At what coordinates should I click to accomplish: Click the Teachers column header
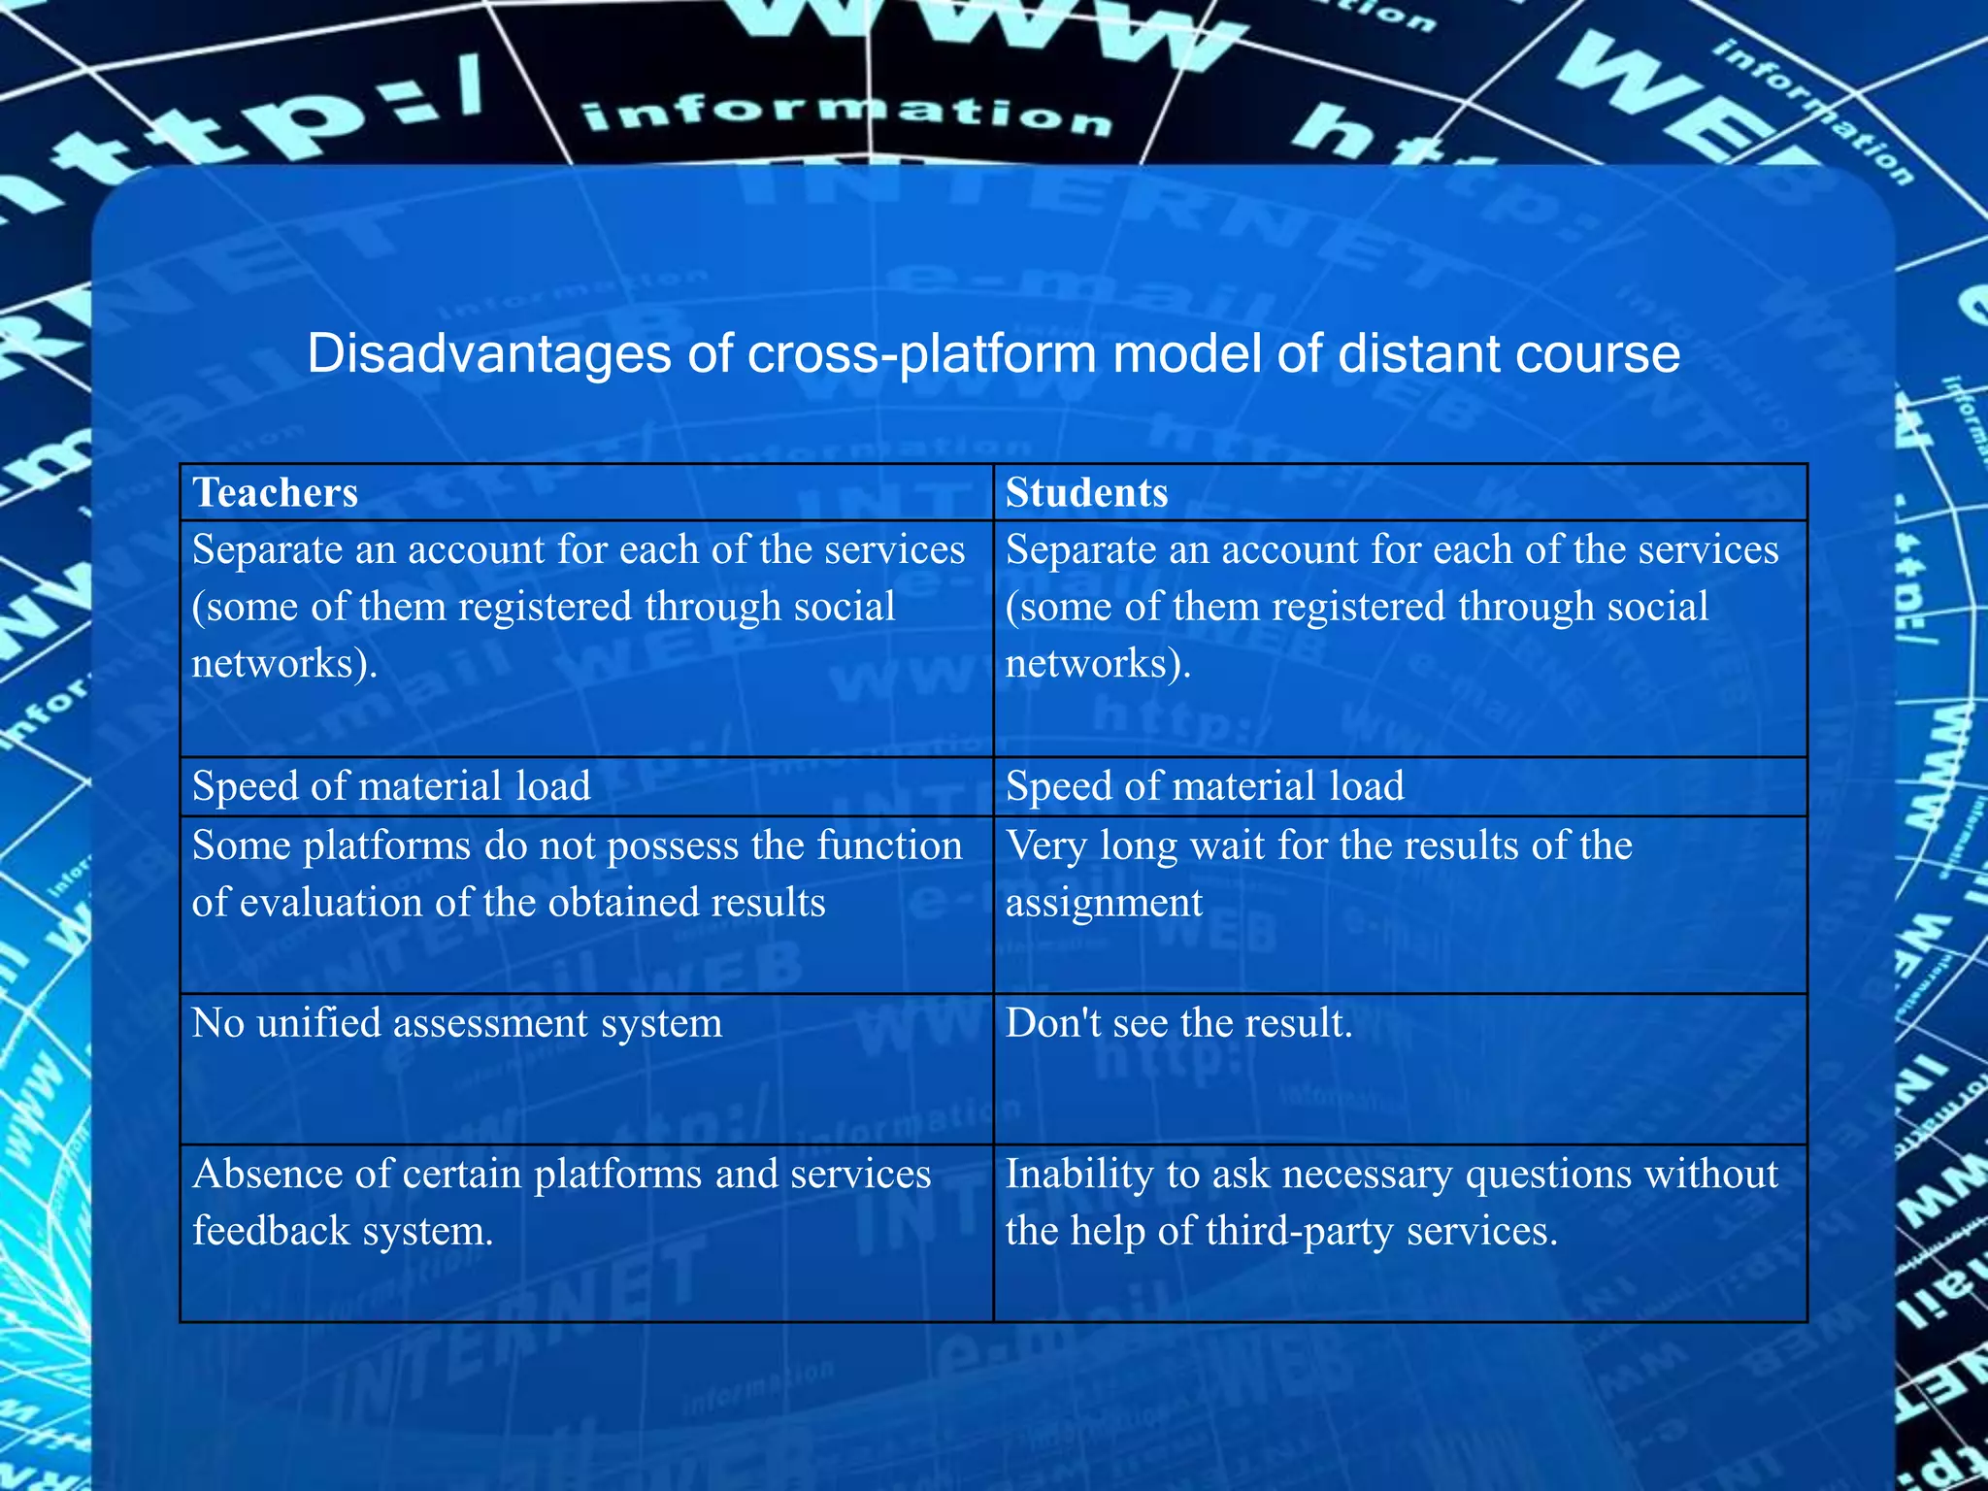[276, 493]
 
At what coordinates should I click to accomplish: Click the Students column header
[1086, 493]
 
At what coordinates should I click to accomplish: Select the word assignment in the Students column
[1104, 903]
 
